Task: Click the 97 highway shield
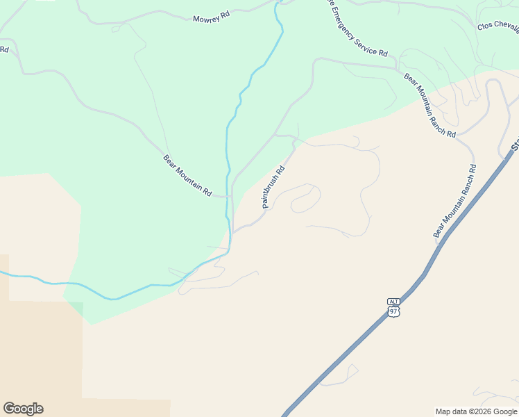[394, 311]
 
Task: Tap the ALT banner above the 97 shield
[394, 301]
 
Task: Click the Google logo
[23, 409]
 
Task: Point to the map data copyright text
[476, 411]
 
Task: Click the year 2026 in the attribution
[483, 411]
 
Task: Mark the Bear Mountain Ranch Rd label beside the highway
[455, 202]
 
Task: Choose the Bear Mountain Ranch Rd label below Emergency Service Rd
[429, 105]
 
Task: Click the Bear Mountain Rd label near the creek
[187, 175]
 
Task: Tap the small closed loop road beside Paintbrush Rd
[305, 199]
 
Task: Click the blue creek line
[228, 139]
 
